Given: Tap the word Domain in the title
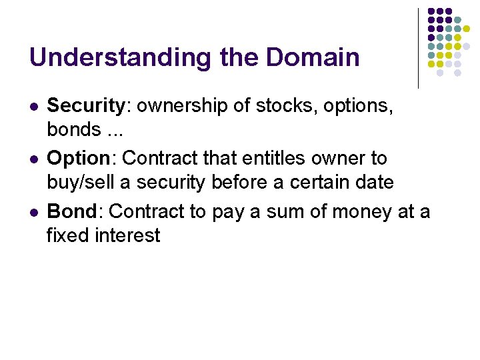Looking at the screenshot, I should [x=313, y=57].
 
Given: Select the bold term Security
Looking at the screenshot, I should [x=86, y=106].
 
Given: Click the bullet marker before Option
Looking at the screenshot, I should [x=33, y=159].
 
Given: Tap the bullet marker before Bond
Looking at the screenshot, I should [x=33, y=212].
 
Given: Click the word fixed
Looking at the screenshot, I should [x=66, y=235].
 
